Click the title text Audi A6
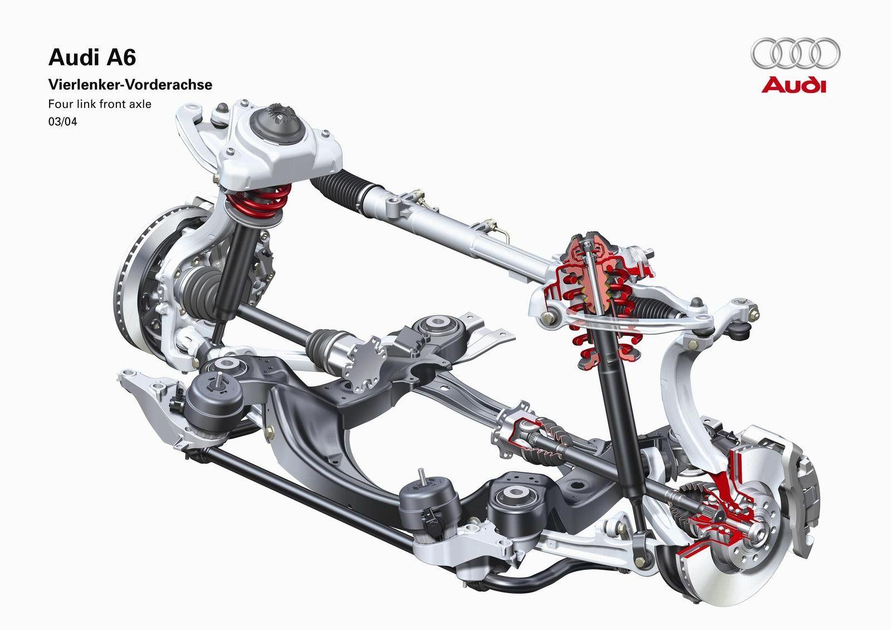tap(92, 57)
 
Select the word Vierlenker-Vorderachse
tap(130, 85)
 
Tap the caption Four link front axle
tap(100, 104)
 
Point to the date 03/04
tap(63, 122)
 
